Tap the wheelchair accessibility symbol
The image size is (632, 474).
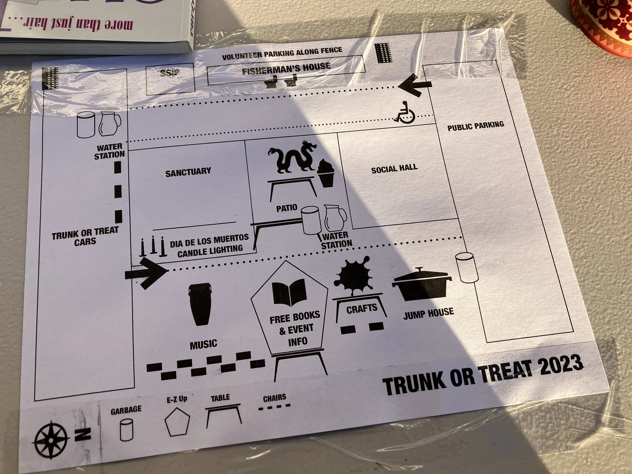pos(404,112)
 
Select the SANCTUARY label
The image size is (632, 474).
pos(188,172)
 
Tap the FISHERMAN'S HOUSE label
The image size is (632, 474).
pos(286,69)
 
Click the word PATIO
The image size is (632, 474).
pos(287,208)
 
